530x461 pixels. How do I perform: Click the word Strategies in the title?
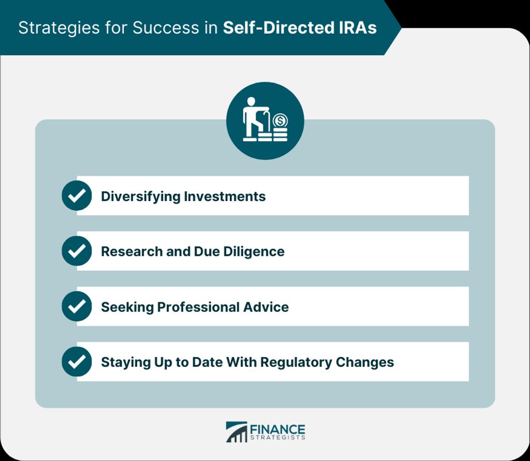point(59,28)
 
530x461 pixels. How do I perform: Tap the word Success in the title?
point(166,28)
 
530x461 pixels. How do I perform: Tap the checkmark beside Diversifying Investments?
point(77,195)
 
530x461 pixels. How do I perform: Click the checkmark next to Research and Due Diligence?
point(77,251)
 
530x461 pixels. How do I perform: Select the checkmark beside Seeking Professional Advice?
point(77,306)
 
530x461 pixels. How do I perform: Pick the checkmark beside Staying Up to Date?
point(77,361)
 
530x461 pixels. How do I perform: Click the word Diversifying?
point(141,197)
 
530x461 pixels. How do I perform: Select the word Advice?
point(266,307)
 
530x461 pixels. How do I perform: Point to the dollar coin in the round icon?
point(280,120)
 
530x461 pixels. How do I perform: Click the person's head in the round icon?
point(251,101)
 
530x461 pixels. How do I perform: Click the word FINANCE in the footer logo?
point(277,429)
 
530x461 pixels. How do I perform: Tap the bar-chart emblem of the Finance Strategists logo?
point(237,432)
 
